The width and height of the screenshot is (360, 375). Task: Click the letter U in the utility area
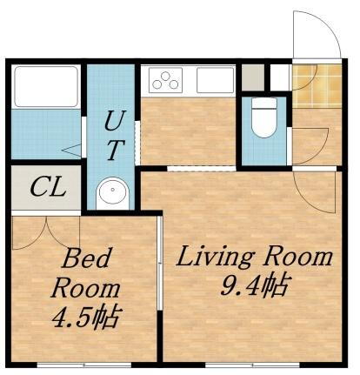[x=113, y=119]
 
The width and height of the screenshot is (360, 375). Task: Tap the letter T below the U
[x=113, y=150]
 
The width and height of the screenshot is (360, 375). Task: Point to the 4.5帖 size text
[x=84, y=315]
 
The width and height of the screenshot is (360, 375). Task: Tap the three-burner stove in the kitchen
[x=166, y=81]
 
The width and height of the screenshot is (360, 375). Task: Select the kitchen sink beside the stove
[x=214, y=81]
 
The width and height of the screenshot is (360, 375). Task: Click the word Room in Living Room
[x=300, y=258]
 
